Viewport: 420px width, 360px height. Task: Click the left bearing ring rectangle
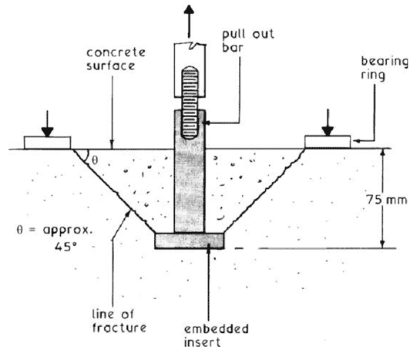[x=48, y=143]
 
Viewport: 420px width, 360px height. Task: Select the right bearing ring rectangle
[x=328, y=142]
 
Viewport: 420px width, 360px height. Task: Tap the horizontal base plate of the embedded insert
[x=190, y=241]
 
